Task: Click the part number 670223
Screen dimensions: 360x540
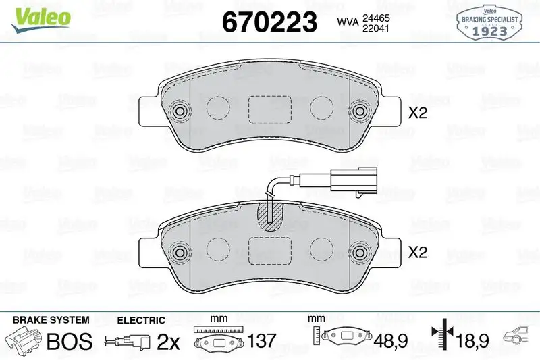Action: click(x=269, y=22)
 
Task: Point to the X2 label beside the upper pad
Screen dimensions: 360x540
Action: click(x=418, y=113)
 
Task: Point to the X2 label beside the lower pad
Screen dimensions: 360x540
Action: click(x=418, y=252)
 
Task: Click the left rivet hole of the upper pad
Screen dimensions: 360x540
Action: click(x=180, y=111)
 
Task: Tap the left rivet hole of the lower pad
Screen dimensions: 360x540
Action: click(x=180, y=252)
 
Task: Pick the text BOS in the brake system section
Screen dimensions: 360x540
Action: click(x=68, y=341)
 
